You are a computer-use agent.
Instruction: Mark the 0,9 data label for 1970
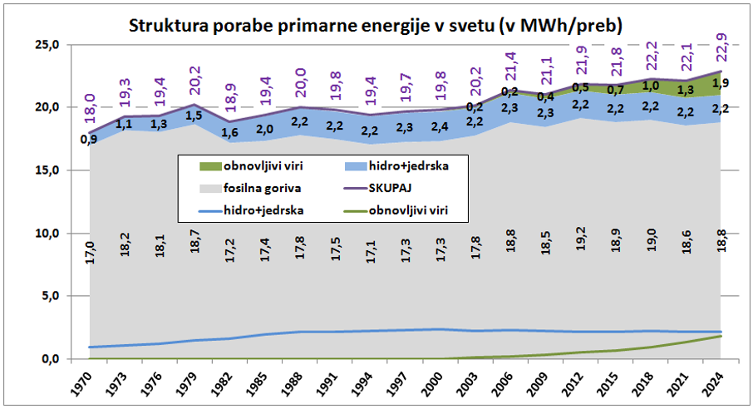pos(87,139)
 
